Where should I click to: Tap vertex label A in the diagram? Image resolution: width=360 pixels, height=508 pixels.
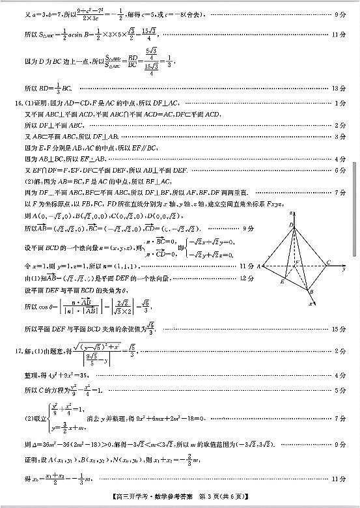coord(258,266)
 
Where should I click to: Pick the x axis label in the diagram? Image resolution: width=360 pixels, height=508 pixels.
coord(310,303)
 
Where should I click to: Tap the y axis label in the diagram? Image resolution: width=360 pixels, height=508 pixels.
coord(343,268)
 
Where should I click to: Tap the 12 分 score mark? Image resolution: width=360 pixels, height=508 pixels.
coord(246,277)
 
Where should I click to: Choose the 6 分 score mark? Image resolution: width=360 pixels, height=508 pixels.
coord(340,170)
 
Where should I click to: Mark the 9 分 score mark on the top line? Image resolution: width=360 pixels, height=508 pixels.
coord(340,13)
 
